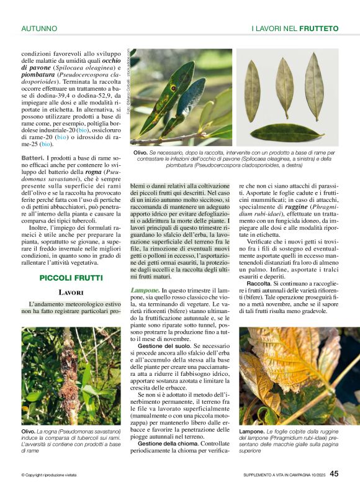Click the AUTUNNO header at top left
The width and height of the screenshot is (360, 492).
tap(39, 29)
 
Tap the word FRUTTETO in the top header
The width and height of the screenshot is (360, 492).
tap(319, 29)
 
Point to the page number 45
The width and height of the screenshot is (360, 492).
tap(334, 473)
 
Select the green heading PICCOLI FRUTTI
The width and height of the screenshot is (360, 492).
tap(71, 278)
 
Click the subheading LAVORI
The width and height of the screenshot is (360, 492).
tap(71, 292)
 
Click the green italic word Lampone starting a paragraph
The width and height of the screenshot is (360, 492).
tap(145, 290)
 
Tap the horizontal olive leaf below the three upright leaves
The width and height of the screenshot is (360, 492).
tap(287, 132)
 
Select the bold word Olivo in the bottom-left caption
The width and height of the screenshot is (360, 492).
tap(29, 430)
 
